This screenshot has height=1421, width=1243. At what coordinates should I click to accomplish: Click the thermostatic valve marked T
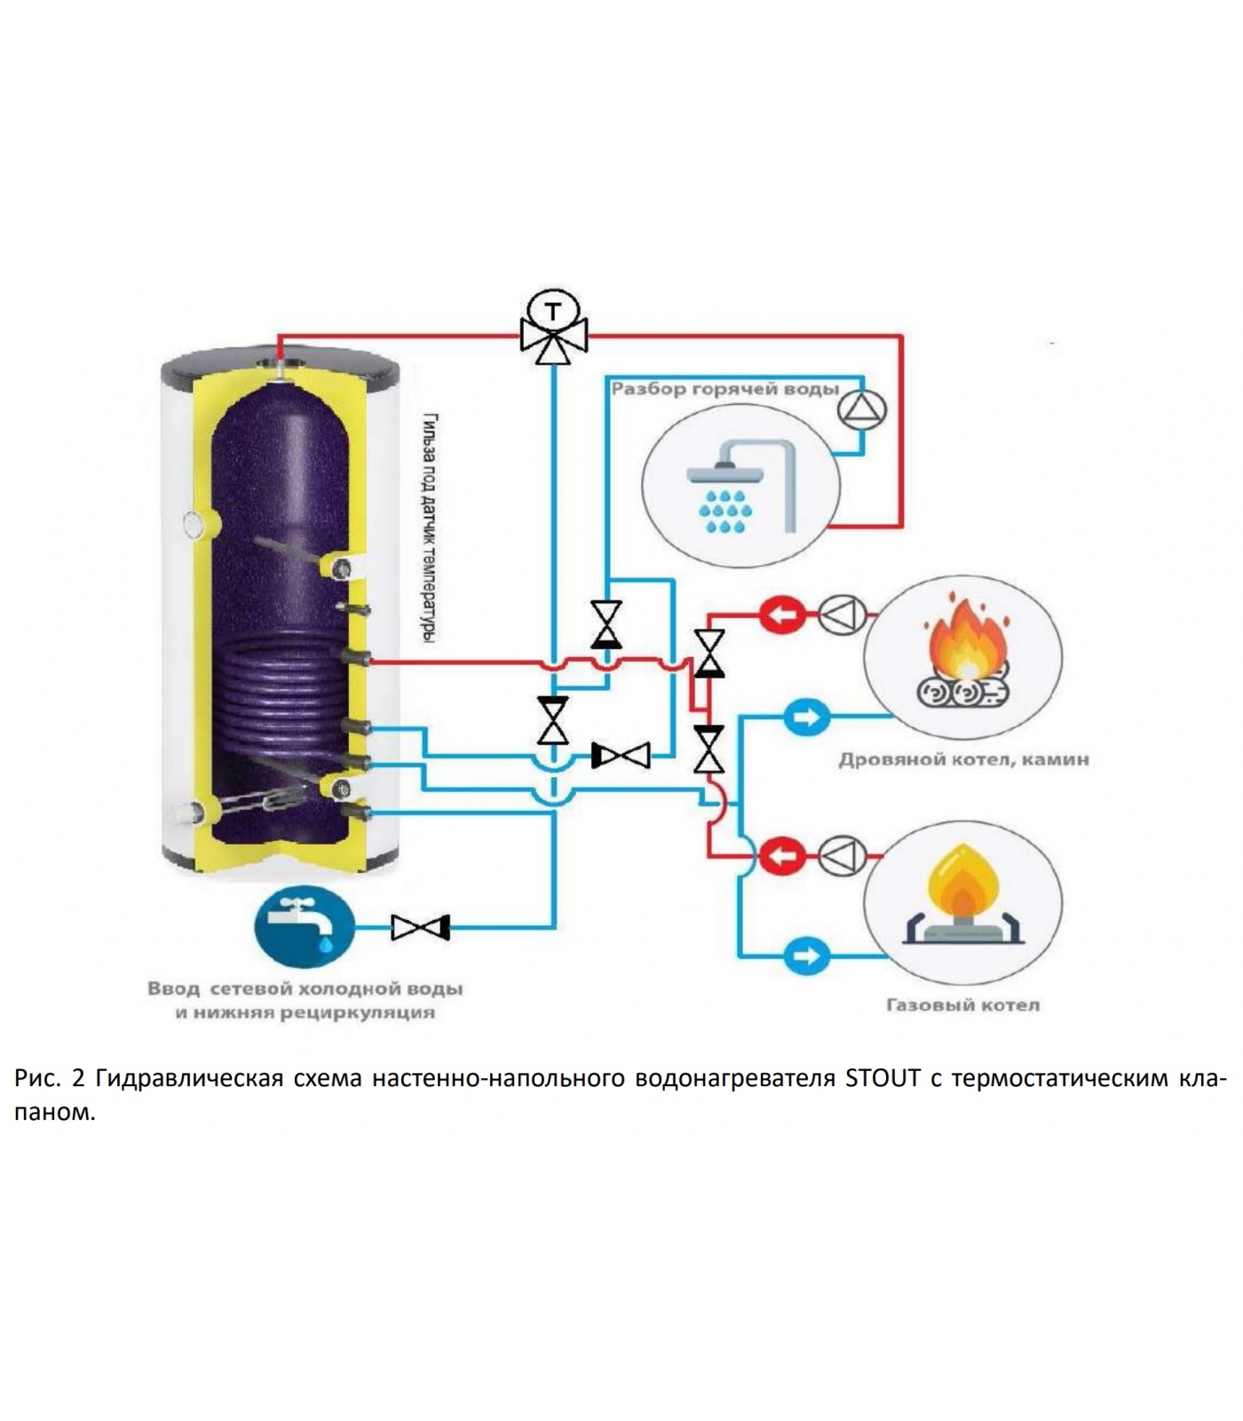pos(553,327)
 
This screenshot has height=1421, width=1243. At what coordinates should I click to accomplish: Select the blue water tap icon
pos(304,926)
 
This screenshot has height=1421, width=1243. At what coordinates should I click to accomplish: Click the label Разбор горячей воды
pos(724,389)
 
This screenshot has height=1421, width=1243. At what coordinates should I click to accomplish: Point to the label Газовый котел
pos(962,1005)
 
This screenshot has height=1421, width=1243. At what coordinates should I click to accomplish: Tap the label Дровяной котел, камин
pos(963,760)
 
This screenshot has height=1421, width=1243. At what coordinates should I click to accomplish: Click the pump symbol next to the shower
pos(862,410)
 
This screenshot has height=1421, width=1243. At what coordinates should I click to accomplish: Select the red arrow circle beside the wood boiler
pos(782,615)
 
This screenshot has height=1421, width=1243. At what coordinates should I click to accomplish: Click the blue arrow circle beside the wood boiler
pos(806,717)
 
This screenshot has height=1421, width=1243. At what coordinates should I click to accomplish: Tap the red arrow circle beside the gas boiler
pos(782,857)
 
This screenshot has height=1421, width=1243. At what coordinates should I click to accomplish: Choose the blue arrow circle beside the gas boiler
pos(806,957)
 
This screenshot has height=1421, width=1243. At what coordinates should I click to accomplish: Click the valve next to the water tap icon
pos(421,928)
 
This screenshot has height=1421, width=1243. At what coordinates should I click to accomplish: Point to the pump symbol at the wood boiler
pos(841,615)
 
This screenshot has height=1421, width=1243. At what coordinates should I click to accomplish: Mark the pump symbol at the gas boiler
pos(841,857)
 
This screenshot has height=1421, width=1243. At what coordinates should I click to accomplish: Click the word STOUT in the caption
pos(883,1079)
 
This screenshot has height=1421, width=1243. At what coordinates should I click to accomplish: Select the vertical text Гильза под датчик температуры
pos(429,528)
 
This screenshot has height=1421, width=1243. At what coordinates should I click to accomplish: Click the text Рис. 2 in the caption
pos(49,1079)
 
